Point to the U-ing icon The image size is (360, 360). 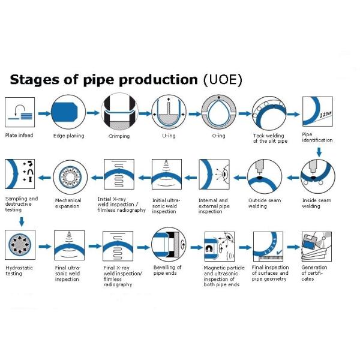(169, 112)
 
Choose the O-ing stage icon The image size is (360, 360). (218, 112)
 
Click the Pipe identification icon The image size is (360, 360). (317, 112)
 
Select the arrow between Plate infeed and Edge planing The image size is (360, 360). (43, 113)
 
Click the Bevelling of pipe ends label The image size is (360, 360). (167, 271)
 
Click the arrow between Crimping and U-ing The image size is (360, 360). (142, 113)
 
